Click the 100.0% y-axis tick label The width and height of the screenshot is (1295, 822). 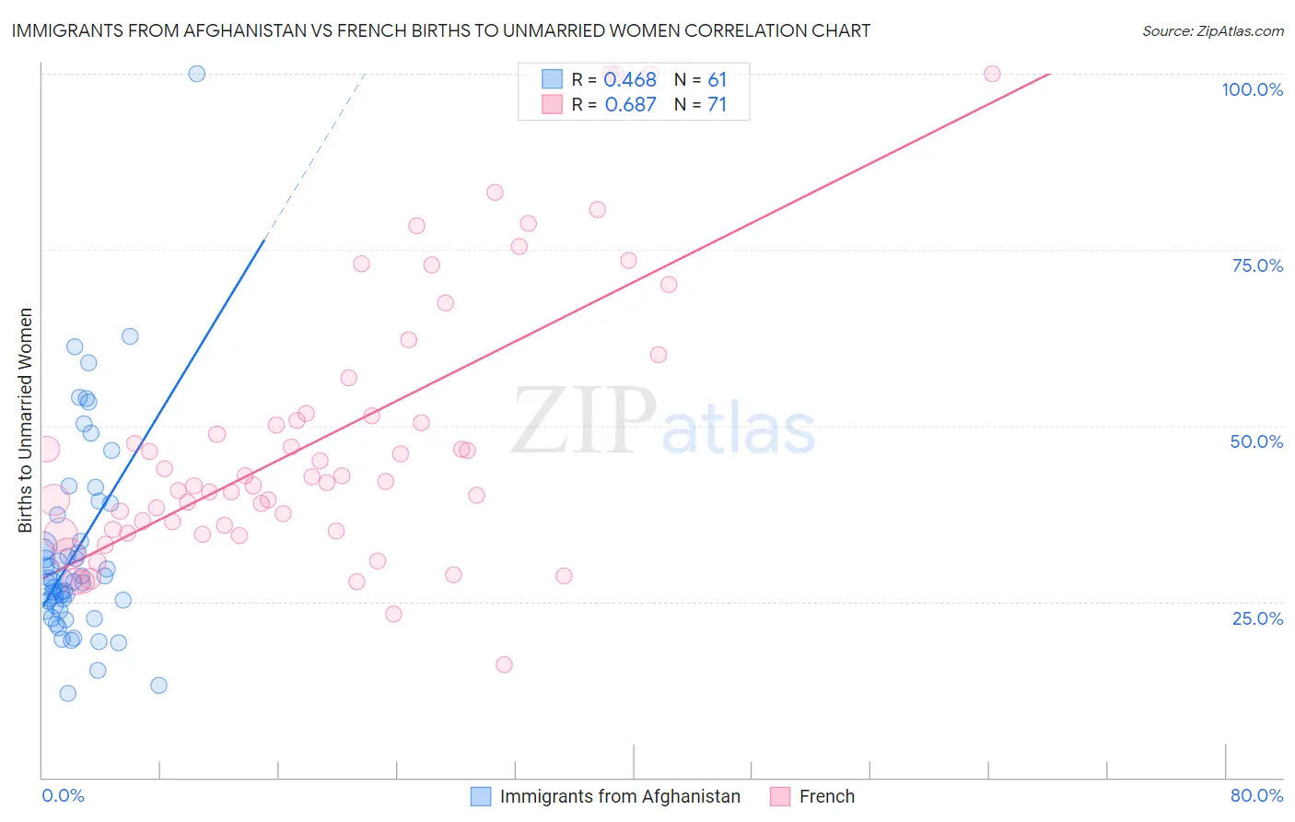click(1252, 89)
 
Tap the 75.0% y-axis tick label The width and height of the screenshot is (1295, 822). click(1257, 265)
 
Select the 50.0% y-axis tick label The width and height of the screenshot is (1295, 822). click(1256, 441)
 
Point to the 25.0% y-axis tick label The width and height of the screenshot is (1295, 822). click(1257, 617)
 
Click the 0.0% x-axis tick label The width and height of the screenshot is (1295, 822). click(63, 795)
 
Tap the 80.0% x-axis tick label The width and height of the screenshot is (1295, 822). click(1256, 795)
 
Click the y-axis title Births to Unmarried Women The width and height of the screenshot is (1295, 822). click(25, 420)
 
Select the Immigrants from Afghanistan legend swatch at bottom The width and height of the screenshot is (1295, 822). click(481, 796)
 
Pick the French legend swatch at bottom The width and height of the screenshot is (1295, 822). click(780, 796)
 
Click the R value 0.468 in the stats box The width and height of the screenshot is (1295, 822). click(630, 80)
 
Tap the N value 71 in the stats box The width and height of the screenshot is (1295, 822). click(717, 105)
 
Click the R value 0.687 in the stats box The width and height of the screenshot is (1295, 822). click(630, 105)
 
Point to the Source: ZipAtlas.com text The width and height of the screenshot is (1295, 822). click(1212, 31)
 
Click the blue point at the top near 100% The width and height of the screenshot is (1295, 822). click(196, 74)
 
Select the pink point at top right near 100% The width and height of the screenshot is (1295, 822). click(992, 74)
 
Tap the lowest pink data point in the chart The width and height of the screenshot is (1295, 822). click(504, 664)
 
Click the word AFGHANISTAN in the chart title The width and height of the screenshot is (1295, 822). click(245, 31)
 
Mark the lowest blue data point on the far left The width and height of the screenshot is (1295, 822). click(67, 693)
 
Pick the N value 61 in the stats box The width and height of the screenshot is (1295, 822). click(717, 80)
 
